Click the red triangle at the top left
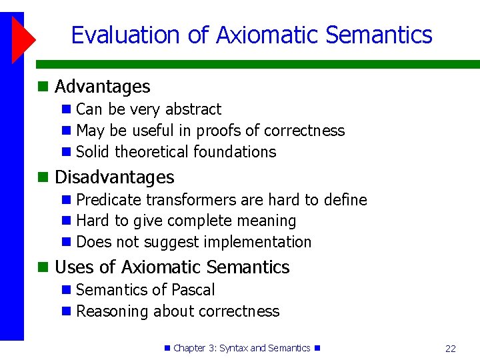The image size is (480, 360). pos(22,37)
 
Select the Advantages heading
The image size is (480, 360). pos(102,87)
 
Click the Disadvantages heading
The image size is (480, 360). pos(114,177)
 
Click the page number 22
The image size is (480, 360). pos(451,349)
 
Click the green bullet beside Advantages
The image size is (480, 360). pos(43,87)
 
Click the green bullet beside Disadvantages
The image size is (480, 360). pos(43,177)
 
